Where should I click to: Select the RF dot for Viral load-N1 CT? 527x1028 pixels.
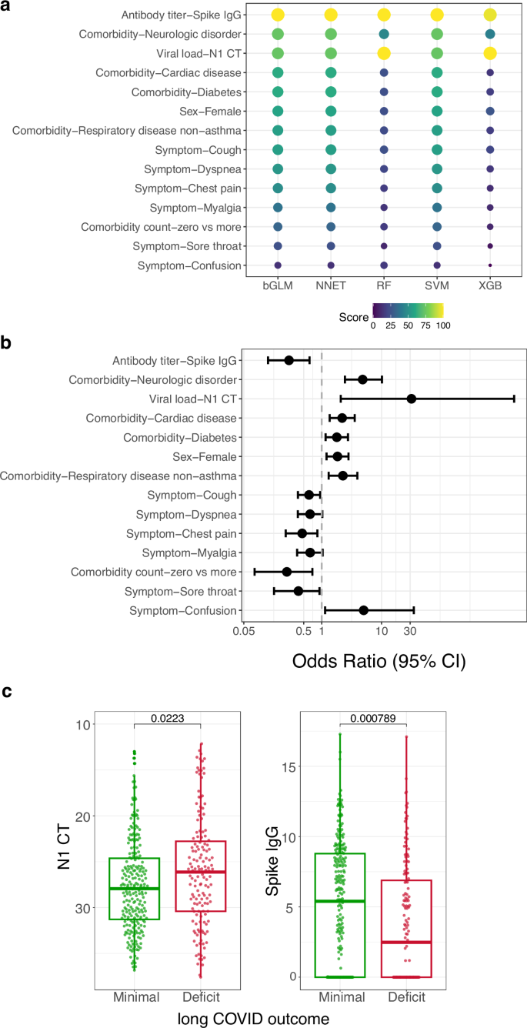pyautogui.click(x=384, y=53)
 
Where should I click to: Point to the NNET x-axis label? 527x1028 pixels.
pyautogui.click(x=331, y=286)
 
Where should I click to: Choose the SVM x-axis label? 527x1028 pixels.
pyautogui.click(x=437, y=286)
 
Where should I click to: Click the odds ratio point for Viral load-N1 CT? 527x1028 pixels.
pyautogui.click(x=412, y=399)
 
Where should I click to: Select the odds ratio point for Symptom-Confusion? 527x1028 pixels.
pyautogui.click(x=364, y=610)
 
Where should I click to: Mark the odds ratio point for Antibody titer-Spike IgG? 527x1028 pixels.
pyautogui.click(x=289, y=360)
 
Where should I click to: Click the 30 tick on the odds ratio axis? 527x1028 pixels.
pyautogui.click(x=410, y=632)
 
